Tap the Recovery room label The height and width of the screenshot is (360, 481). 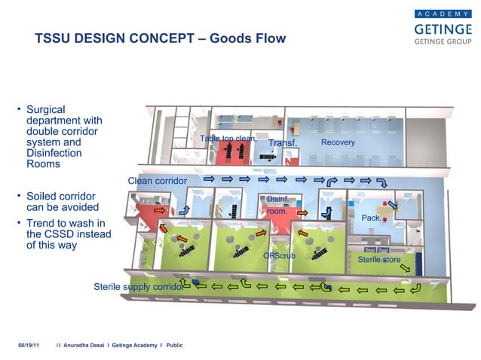[338, 142]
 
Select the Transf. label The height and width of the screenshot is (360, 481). [283, 143]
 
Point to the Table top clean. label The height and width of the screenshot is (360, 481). [228, 139]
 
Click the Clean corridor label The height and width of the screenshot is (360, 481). [157, 182]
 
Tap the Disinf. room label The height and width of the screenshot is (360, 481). [277, 205]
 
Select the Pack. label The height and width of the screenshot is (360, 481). [372, 218]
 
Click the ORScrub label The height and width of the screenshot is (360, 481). [279, 256]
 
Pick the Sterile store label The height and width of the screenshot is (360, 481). [379, 260]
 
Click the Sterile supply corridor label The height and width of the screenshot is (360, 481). [139, 287]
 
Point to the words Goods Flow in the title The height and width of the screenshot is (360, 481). [253, 38]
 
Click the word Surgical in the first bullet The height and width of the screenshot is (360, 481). [50, 109]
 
